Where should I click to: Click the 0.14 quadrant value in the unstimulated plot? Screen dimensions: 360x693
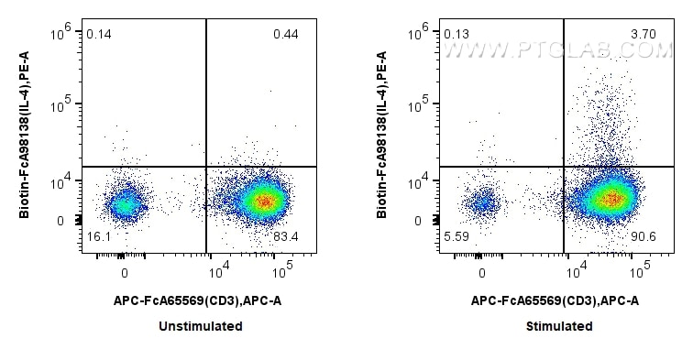(98, 34)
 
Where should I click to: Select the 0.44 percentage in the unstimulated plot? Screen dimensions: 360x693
(285, 35)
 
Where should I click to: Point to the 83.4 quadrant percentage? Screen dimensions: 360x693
(286, 237)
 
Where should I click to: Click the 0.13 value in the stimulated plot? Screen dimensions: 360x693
(456, 34)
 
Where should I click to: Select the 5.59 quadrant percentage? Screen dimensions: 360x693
(456, 237)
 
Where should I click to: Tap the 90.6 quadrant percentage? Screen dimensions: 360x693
(643, 237)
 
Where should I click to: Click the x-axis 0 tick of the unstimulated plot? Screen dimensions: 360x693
(125, 273)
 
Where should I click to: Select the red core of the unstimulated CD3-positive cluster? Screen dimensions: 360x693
(264, 201)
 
